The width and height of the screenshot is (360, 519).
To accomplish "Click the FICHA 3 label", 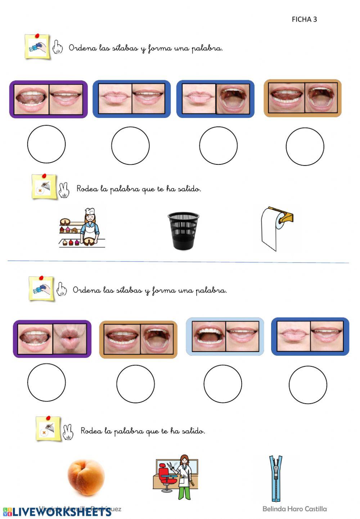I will [304, 19].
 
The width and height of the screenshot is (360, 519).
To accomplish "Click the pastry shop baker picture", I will [82, 228].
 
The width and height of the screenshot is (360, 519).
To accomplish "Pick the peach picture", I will [86, 477].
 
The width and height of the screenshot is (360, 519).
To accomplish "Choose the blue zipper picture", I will [276, 478].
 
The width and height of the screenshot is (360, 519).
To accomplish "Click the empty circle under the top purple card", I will [46, 144].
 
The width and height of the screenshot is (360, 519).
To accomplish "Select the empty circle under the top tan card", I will [305, 146].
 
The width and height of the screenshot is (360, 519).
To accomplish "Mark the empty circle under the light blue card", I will [222, 384].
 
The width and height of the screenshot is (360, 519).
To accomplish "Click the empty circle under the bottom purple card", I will [46, 382].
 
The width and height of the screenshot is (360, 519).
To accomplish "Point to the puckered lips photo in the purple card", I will [70, 338].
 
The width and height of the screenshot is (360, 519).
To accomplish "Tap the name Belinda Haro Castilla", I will [294, 509].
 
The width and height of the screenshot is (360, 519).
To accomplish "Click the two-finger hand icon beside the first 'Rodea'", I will [64, 190].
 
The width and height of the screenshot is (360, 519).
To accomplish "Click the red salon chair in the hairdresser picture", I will [165, 474].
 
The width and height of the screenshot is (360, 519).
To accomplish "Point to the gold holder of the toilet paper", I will [285, 216].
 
